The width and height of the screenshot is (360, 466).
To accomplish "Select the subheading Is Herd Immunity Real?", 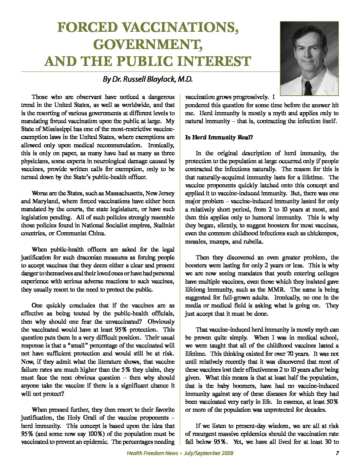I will (219, 137).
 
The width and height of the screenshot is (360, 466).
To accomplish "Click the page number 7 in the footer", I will (337, 453).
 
